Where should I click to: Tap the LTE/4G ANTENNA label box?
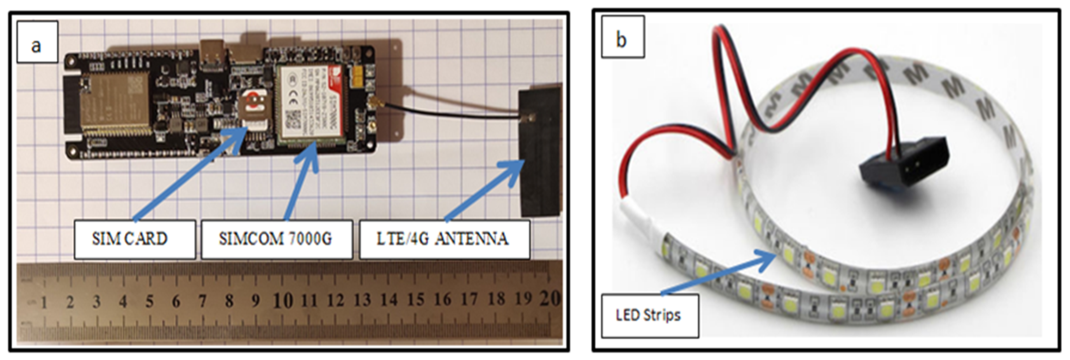tap(444, 240)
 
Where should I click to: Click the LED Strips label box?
tap(650, 316)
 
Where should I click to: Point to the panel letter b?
tap(622, 40)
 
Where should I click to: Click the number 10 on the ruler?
tap(283, 300)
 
